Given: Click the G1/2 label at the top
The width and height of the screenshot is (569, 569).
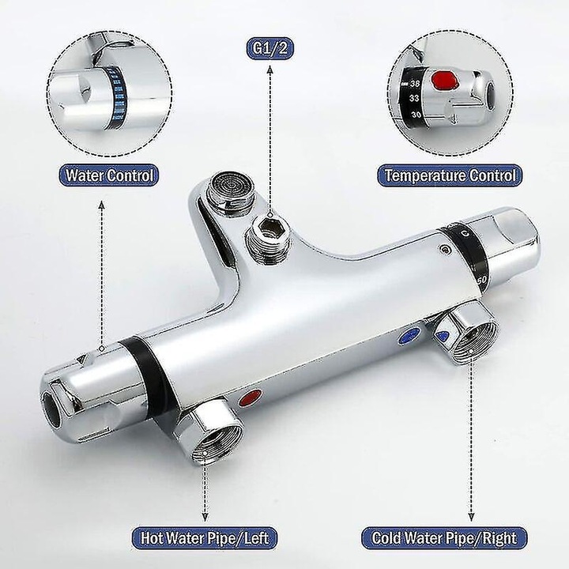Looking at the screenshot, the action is (270, 48).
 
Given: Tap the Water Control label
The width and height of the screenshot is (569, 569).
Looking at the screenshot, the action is (108, 175).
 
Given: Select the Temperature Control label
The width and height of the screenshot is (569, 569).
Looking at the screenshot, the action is (450, 175).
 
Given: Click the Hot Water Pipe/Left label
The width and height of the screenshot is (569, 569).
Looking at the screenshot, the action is (205, 538).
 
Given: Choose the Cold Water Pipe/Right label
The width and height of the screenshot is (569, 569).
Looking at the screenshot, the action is (444, 538).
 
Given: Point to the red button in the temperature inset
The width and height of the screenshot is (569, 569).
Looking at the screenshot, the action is (443, 80).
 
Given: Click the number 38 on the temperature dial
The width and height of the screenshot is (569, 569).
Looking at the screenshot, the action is (415, 84).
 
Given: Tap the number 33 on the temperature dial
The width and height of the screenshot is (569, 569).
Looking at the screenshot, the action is (414, 98).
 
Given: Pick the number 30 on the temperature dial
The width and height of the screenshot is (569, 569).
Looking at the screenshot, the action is (416, 115).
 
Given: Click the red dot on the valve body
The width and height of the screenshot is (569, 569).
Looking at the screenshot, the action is (250, 398).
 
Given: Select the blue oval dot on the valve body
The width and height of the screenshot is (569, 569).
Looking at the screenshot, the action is (409, 336).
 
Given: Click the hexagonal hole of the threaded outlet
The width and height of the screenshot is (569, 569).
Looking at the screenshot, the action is (269, 224).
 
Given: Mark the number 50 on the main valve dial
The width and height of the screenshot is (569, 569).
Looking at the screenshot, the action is (481, 280).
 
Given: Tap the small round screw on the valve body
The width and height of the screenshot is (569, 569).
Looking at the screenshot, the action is (444, 249).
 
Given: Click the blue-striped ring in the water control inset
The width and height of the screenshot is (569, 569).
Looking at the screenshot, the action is (118, 99).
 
